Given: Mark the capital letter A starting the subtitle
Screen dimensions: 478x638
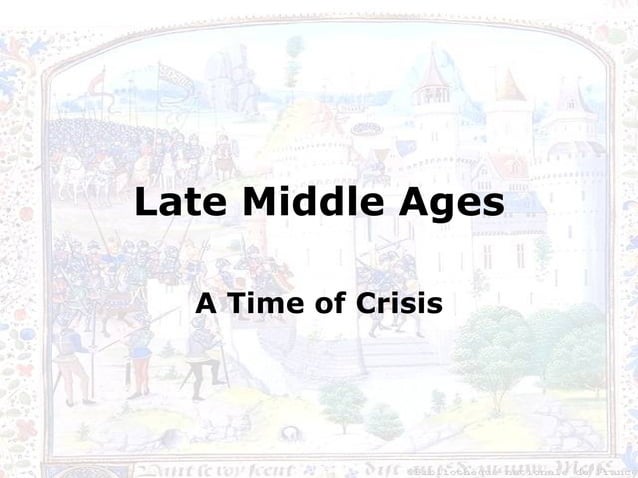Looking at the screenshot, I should point(206,301).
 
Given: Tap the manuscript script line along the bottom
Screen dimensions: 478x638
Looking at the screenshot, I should point(250,466).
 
